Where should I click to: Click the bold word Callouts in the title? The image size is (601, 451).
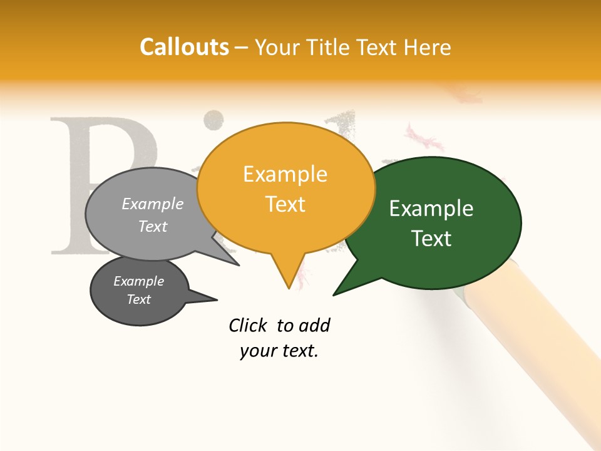[184, 47]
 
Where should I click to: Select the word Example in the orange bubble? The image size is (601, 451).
[285, 174]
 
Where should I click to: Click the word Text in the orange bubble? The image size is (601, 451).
[285, 204]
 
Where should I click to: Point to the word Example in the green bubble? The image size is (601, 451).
[431, 209]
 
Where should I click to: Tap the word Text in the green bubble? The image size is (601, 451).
[431, 239]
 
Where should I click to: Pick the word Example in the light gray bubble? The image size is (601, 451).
[153, 204]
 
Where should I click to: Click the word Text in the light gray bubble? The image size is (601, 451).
[153, 226]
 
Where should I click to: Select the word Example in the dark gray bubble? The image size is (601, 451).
[138, 281]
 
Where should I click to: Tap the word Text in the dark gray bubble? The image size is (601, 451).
[138, 299]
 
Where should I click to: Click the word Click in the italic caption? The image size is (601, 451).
[249, 325]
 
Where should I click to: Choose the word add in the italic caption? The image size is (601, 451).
[314, 325]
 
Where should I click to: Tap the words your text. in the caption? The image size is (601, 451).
[279, 351]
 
